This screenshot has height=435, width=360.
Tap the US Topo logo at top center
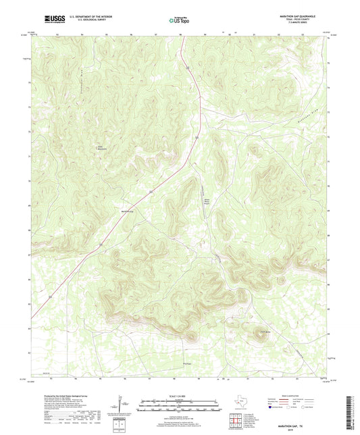pyautogui.click(x=179, y=20)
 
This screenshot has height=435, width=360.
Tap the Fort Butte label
pyautogui.click(x=266, y=330)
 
